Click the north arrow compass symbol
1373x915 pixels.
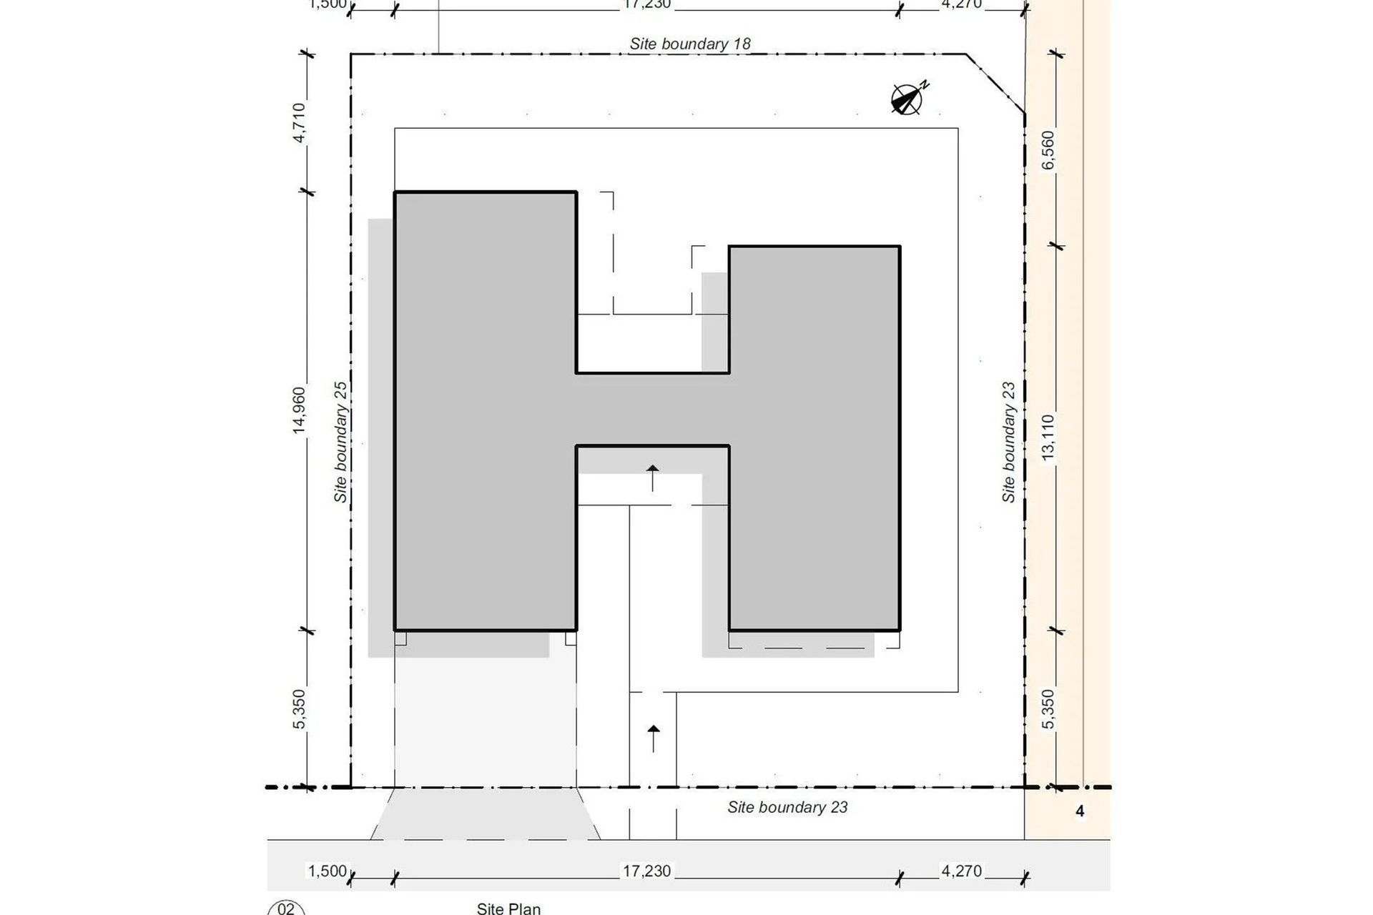coord(907,99)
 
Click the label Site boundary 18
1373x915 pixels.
coord(689,44)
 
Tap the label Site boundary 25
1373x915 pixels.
coord(340,442)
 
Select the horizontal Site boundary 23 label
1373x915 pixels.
coord(787,807)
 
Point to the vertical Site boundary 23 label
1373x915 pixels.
coord(1008,442)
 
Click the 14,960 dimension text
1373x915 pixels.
coord(299,410)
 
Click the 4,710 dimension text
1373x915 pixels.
coord(299,122)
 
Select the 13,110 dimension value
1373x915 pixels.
coord(1048,437)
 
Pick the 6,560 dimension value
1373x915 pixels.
coord(1048,149)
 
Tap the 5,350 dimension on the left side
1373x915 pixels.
coord(299,708)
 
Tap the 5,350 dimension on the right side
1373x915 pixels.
coord(1048,708)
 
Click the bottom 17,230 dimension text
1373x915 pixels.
coord(646,871)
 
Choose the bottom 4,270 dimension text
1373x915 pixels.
coord(961,871)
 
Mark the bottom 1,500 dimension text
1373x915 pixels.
coord(327,871)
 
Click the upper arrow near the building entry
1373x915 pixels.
coord(652,477)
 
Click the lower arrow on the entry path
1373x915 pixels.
coord(653,738)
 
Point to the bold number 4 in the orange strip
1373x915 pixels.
coord(1080,811)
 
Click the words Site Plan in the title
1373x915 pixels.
coord(508,909)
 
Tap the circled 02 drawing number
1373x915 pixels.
coord(286,909)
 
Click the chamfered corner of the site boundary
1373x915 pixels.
coord(996,84)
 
